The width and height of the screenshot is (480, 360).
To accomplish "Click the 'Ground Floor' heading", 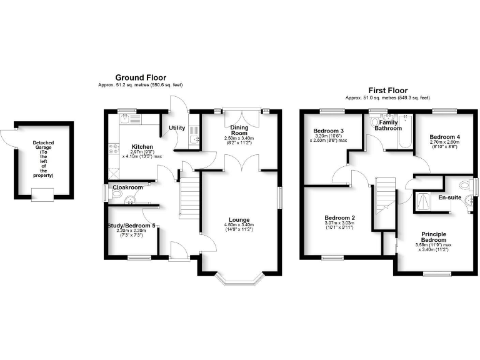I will [140, 77].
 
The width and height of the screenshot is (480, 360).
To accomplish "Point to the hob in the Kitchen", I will [114, 149].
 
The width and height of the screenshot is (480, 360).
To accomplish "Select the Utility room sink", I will [194, 141].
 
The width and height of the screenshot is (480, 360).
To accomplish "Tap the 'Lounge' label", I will [239, 220].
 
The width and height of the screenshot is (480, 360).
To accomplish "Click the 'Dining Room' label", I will [239, 130].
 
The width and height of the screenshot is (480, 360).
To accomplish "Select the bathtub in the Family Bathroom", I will [407, 131].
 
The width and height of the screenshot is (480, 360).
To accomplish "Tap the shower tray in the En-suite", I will [426, 201].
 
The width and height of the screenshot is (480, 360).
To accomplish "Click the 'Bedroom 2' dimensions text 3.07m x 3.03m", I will [339, 223].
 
